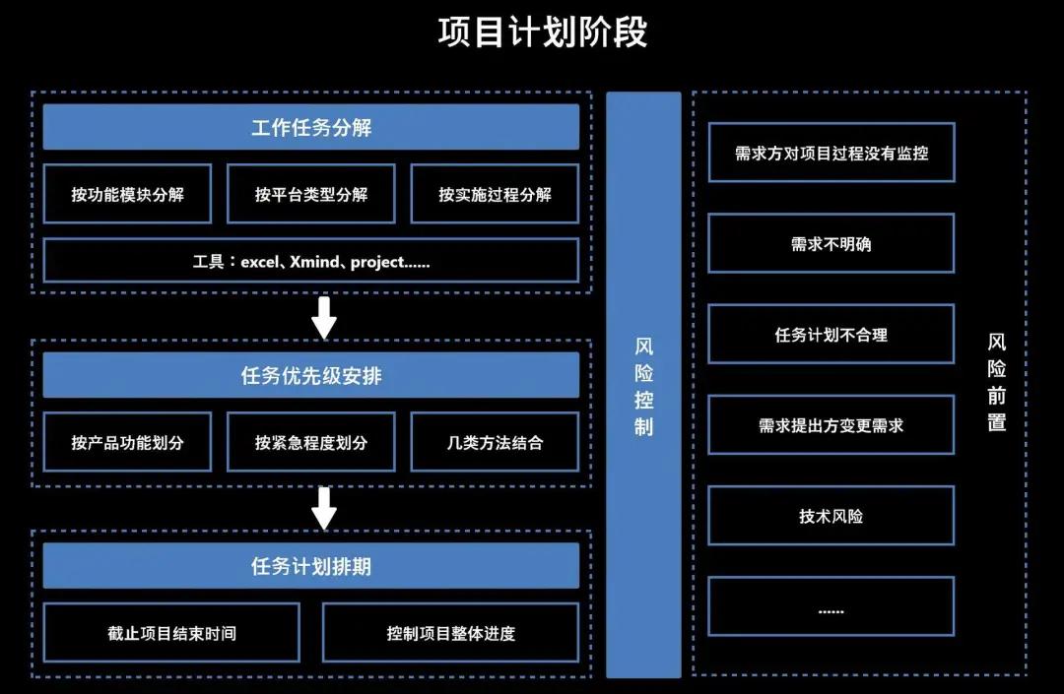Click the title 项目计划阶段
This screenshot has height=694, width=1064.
pos(542,32)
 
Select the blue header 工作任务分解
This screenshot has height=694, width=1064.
pos(310,128)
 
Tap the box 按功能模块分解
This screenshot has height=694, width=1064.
pos(127,194)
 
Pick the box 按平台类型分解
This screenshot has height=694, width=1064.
pos(310,194)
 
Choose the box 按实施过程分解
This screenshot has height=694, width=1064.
pos(495,194)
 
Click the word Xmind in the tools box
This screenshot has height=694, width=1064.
pos(314,263)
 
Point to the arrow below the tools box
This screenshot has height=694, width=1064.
pos(323,317)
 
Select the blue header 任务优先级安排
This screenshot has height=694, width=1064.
pos(310,376)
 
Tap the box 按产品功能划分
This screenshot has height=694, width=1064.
pos(127,442)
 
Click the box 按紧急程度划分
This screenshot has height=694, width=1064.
pos(310,442)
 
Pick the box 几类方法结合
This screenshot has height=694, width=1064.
pos(495,442)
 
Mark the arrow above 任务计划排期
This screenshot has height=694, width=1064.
pos(323,508)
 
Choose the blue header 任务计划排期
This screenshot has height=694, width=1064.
pos(310,567)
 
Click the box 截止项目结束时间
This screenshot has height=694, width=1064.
pos(171,633)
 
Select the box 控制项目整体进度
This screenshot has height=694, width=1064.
pos(450,633)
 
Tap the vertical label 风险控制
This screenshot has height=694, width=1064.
pos(643,386)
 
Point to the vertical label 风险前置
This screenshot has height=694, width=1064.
pos(996,383)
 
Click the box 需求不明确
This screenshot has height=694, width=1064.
pos(831,243)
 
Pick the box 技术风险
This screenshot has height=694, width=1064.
pos(831,516)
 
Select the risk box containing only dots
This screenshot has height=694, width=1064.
pos(831,607)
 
